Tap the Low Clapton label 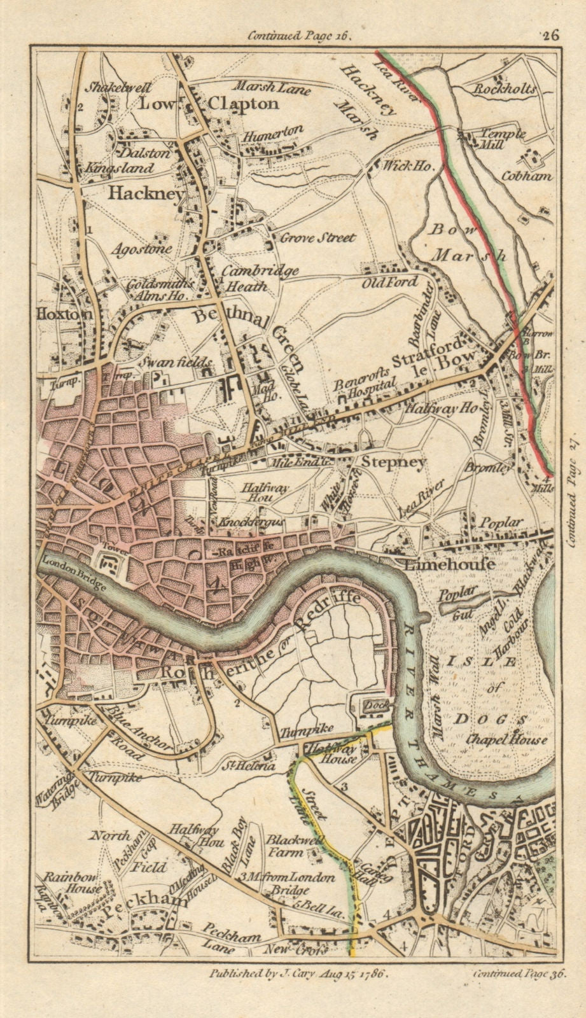coord(209,103)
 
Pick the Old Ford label coord(390,282)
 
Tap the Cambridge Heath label coord(260,278)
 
